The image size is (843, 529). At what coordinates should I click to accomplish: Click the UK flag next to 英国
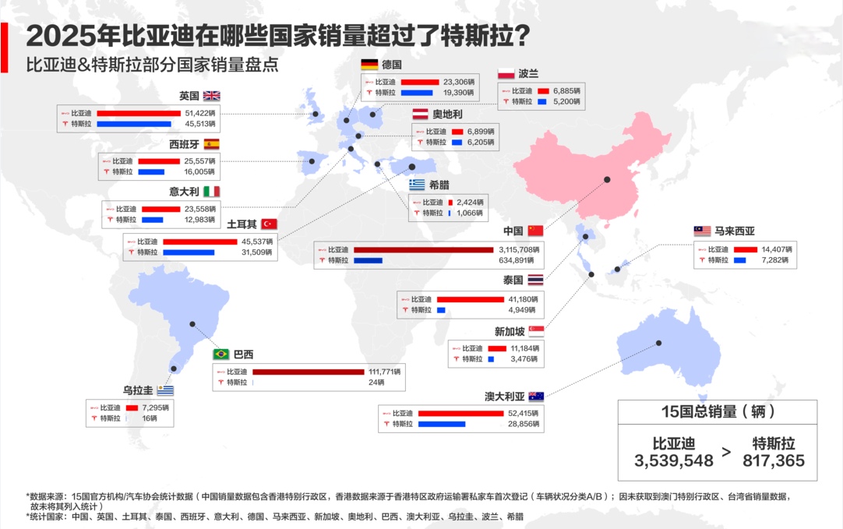pyautogui.click(x=212, y=96)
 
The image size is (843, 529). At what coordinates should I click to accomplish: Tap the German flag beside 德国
pyautogui.click(x=369, y=65)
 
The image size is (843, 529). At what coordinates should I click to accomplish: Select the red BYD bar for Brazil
pyautogui.click(x=308, y=372)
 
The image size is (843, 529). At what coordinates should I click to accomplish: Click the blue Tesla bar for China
pyautogui.click(x=368, y=260)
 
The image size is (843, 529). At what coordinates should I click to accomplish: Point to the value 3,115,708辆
pyautogui.click(x=517, y=249)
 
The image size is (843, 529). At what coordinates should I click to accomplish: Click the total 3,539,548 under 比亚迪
pyautogui.click(x=674, y=460)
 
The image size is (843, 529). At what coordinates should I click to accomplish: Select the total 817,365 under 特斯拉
pyautogui.click(x=773, y=460)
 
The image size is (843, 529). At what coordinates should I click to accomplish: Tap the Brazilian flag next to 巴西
pyautogui.click(x=221, y=354)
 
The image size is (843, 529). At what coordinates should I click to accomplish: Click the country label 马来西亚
pyautogui.click(x=735, y=231)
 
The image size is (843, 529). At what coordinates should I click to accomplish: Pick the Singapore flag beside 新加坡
pyautogui.click(x=536, y=331)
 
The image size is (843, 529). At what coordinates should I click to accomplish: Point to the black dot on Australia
pyautogui.click(x=659, y=343)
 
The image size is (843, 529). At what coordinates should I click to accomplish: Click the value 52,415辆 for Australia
pyautogui.click(x=523, y=413)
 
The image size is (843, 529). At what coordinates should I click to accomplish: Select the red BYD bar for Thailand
pyautogui.click(x=471, y=299)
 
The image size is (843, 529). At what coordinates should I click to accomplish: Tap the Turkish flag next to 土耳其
pyautogui.click(x=270, y=224)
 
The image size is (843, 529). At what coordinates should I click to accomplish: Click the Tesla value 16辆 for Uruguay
pyautogui.click(x=149, y=418)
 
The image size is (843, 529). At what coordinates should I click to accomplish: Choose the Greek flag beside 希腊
pyautogui.click(x=417, y=185)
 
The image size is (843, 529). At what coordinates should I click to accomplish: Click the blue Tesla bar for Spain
pyautogui.click(x=151, y=171)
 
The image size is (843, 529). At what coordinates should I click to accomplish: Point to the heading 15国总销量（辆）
pyautogui.click(x=717, y=412)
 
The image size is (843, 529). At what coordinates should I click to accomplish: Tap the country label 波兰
pyautogui.click(x=528, y=73)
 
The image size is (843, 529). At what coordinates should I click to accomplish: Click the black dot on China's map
pyautogui.click(x=607, y=179)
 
